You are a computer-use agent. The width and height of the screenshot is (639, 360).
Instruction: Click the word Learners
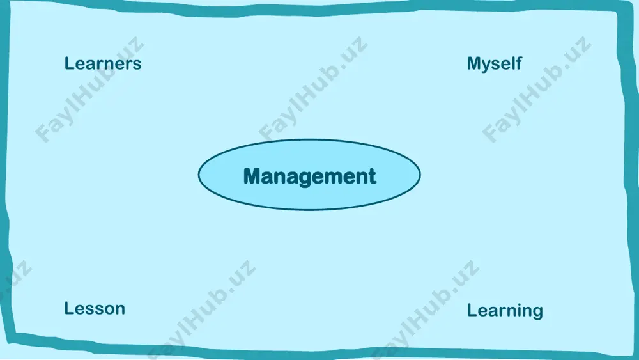point(103,63)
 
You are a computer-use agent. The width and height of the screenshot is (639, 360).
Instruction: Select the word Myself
point(495,64)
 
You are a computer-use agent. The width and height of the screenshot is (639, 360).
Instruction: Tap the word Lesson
point(95,309)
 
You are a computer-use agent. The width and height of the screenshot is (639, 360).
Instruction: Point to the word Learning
point(505,311)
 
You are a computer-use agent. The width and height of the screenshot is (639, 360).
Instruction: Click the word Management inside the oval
point(310,176)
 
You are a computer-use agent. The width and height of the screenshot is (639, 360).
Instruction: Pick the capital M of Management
point(252,176)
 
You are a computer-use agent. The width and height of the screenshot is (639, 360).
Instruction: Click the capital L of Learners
point(69,63)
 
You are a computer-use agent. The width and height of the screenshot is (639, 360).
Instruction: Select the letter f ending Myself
point(519,63)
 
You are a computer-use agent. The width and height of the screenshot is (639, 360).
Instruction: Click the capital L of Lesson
point(69,309)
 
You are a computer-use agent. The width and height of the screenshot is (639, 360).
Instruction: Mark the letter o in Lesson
point(107,311)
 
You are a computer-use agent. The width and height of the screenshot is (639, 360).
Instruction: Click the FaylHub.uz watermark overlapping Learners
point(89,90)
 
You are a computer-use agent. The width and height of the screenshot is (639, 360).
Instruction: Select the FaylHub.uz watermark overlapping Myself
point(537,90)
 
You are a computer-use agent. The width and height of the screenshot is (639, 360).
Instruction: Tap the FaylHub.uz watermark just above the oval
point(313,90)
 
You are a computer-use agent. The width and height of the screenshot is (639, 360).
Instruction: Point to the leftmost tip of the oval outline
point(199,175)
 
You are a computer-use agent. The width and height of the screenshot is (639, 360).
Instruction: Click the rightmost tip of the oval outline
point(420,175)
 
